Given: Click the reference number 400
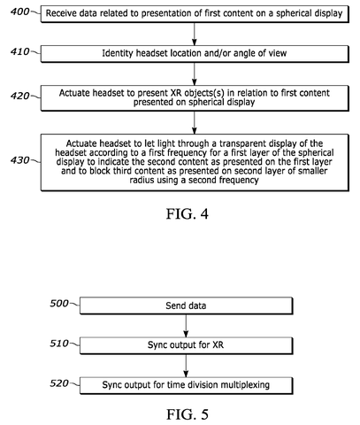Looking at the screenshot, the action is [x=19, y=12].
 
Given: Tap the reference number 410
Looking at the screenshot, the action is [x=19, y=51].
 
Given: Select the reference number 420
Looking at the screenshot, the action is [x=19, y=96].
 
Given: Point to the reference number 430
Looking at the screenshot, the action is [x=19, y=160].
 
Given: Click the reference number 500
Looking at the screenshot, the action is [x=59, y=304].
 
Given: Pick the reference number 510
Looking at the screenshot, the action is [x=59, y=344].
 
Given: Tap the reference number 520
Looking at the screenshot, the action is [x=59, y=383].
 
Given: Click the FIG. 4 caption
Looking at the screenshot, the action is [x=188, y=213].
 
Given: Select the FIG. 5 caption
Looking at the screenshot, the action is [x=188, y=414].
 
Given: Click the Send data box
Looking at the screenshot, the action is [x=186, y=305].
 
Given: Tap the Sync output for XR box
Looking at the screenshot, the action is [x=186, y=345].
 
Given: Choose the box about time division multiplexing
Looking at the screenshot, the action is [x=186, y=385].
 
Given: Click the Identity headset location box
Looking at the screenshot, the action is [x=195, y=54].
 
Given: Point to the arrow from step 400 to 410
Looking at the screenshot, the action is [x=194, y=34].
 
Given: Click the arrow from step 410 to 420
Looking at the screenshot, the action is [x=194, y=73].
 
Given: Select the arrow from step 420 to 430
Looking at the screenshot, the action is [x=194, y=122].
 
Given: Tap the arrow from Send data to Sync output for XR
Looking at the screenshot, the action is [x=186, y=326].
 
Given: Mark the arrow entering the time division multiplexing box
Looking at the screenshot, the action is [x=186, y=366].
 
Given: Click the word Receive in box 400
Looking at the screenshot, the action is [x=57, y=13].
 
